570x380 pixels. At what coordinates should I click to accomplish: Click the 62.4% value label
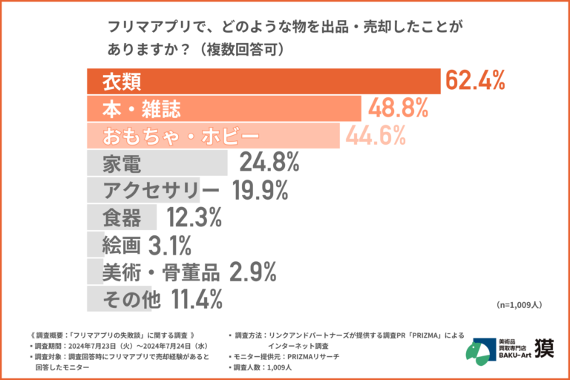pyautogui.click(x=475, y=80)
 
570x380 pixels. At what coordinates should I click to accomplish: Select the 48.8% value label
pyautogui.click(x=397, y=108)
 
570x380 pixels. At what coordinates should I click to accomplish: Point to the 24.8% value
pyautogui.click(x=269, y=163)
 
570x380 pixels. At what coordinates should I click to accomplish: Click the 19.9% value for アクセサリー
pyautogui.click(x=260, y=190)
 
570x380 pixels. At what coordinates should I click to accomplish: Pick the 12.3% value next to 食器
pyautogui.click(x=194, y=217)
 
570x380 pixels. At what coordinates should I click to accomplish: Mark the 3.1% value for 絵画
pyautogui.click(x=170, y=245)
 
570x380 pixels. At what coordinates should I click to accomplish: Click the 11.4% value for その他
pyautogui.click(x=197, y=299)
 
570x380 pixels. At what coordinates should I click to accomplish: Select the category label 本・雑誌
pyautogui.click(x=141, y=108)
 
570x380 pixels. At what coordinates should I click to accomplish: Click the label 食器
pyautogui.click(x=122, y=217)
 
